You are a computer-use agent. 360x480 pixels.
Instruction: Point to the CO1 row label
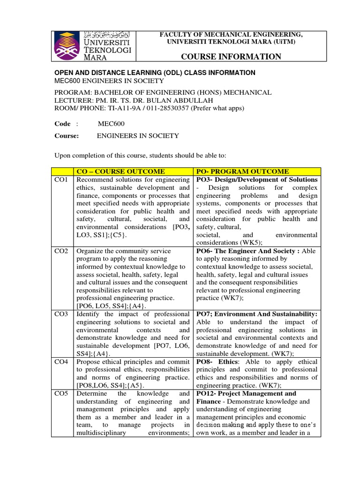click(61, 180)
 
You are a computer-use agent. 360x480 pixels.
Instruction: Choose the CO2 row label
click(61, 251)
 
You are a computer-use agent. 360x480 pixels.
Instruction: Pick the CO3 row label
click(61, 315)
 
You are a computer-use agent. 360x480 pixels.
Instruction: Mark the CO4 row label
click(61, 362)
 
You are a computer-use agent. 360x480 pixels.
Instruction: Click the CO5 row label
click(61, 394)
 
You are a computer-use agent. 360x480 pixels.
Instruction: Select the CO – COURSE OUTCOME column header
click(120, 172)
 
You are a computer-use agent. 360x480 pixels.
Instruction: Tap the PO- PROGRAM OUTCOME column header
click(242, 172)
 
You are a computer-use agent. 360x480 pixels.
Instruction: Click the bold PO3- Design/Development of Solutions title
click(257, 180)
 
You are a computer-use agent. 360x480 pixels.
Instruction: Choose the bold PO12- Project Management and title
click(247, 394)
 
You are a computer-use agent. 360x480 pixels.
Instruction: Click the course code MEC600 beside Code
click(111, 124)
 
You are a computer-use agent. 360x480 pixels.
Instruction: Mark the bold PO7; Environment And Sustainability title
click(257, 315)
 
